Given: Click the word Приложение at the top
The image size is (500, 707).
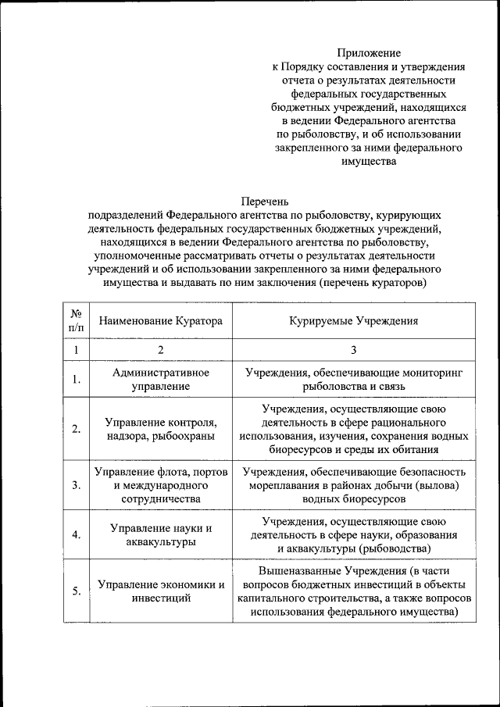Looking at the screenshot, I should [369, 53].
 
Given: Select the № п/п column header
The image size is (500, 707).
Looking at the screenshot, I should [77, 321].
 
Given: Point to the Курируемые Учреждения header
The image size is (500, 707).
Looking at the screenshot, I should [353, 321].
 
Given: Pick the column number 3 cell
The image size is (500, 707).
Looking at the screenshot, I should [353, 350].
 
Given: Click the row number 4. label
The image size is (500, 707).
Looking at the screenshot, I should [77, 535].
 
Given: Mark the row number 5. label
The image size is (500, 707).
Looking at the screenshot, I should [77, 591].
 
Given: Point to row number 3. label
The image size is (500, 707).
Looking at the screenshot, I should [77, 485].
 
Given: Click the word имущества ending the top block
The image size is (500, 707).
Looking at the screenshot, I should [369, 162].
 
